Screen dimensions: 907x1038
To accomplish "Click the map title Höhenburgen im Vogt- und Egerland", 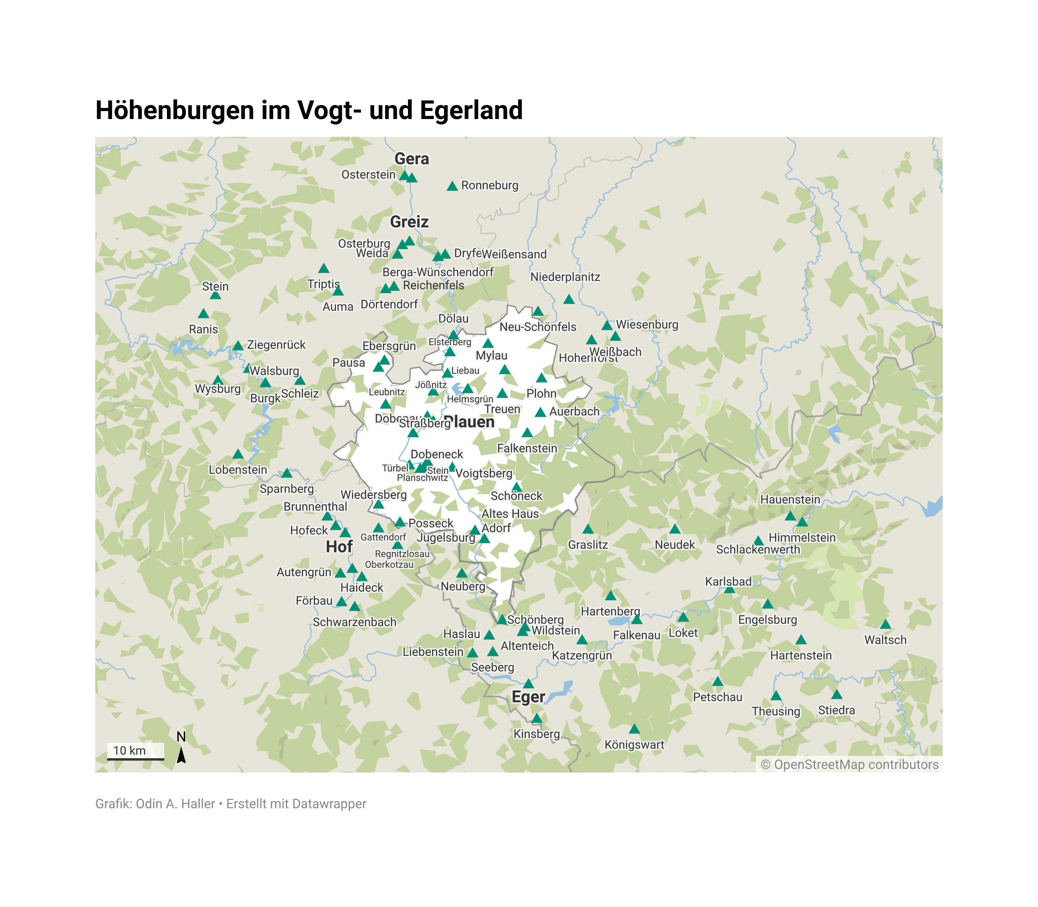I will point(309,110).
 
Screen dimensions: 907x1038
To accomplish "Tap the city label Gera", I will point(412,159).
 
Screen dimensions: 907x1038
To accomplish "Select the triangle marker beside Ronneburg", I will point(452,186).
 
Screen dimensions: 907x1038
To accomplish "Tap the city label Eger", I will point(528,697).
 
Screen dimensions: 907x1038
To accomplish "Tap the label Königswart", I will point(634,745).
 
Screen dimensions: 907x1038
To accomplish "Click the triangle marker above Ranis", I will point(204,314).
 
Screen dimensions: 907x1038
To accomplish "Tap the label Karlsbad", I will point(728,581).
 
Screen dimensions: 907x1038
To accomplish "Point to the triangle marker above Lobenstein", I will point(238,454).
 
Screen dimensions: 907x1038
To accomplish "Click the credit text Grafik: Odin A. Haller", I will point(155,804).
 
